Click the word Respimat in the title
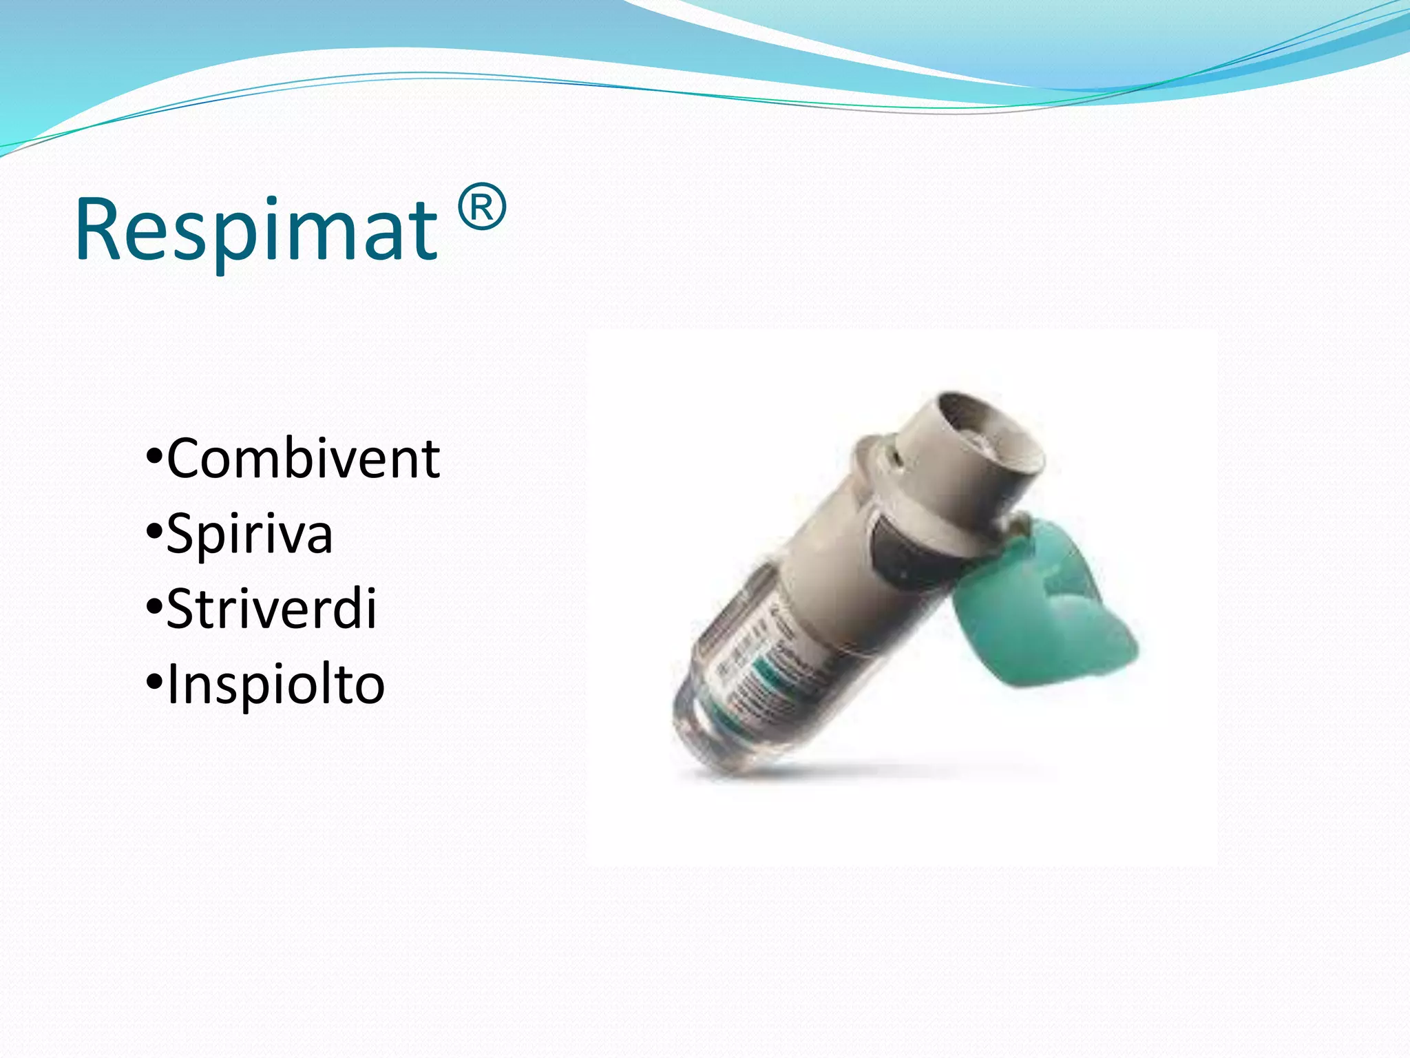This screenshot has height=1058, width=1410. [x=256, y=229]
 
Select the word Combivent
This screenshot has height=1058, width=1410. [x=303, y=459]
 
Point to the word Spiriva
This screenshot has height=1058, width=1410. [x=249, y=534]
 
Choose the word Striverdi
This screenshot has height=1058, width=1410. [x=271, y=609]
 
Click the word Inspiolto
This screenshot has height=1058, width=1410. [x=275, y=684]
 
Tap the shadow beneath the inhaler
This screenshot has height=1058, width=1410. [x=895, y=768]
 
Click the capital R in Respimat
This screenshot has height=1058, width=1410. [x=98, y=229]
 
